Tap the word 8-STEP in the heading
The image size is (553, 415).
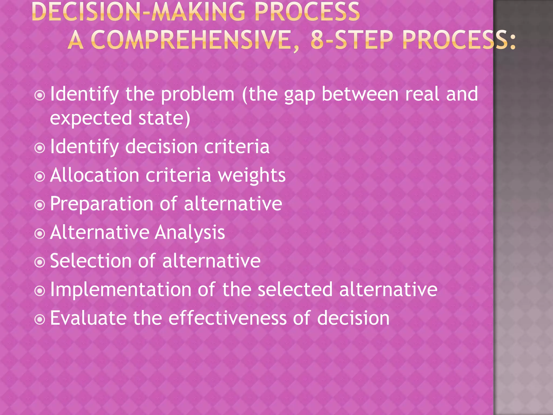pyautogui.click(x=351, y=40)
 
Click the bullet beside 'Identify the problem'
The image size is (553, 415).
pyautogui.click(x=40, y=95)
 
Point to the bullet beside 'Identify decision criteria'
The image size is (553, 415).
pyautogui.click(x=40, y=148)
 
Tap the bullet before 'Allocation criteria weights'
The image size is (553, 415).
pyautogui.click(x=40, y=176)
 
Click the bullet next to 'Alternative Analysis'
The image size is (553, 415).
pyautogui.click(x=40, y=234)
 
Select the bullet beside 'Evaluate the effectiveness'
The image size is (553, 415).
pyautogui.click(x=40, y=319)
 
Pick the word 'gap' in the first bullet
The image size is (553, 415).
pyautogui.click(x=300, y=95)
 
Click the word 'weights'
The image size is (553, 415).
pyautogui.click(x=252, y=176)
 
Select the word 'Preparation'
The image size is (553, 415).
pyautogui.click(x=102, y=204)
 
